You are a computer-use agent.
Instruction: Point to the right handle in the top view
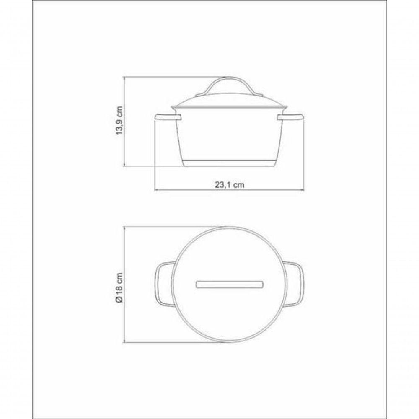point(295,283)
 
